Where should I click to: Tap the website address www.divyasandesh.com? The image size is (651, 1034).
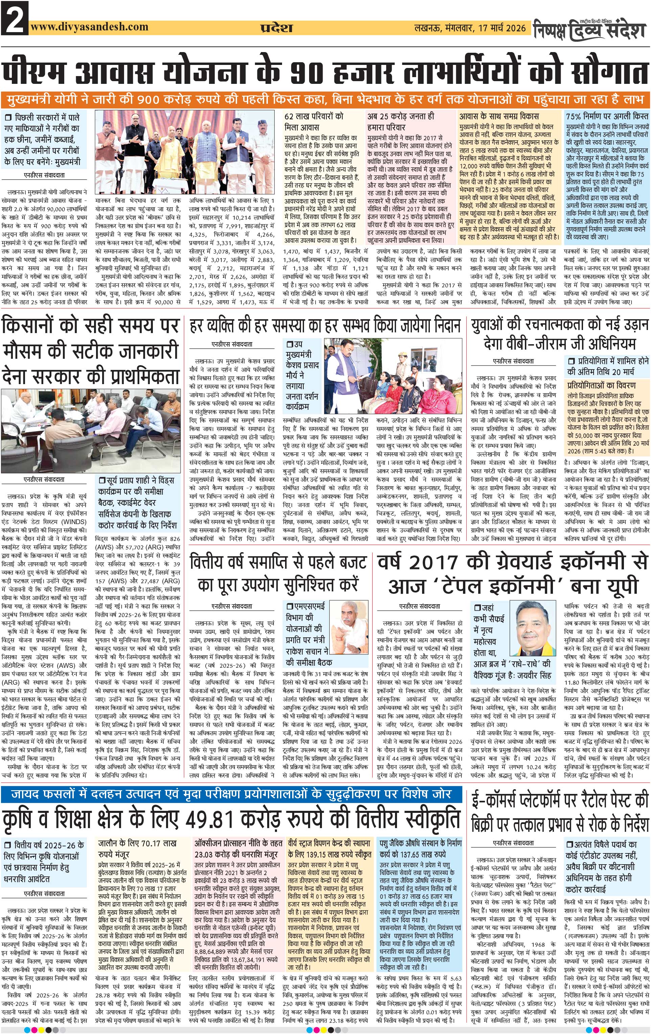coord(89,27)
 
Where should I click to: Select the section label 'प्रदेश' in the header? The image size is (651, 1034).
coord(277,28)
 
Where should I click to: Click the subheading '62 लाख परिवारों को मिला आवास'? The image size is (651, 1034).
coord(314,121)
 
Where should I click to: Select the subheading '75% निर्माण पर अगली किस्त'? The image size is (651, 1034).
coord(607,116)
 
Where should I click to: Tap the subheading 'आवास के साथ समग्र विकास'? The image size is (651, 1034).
coord(498,116)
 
